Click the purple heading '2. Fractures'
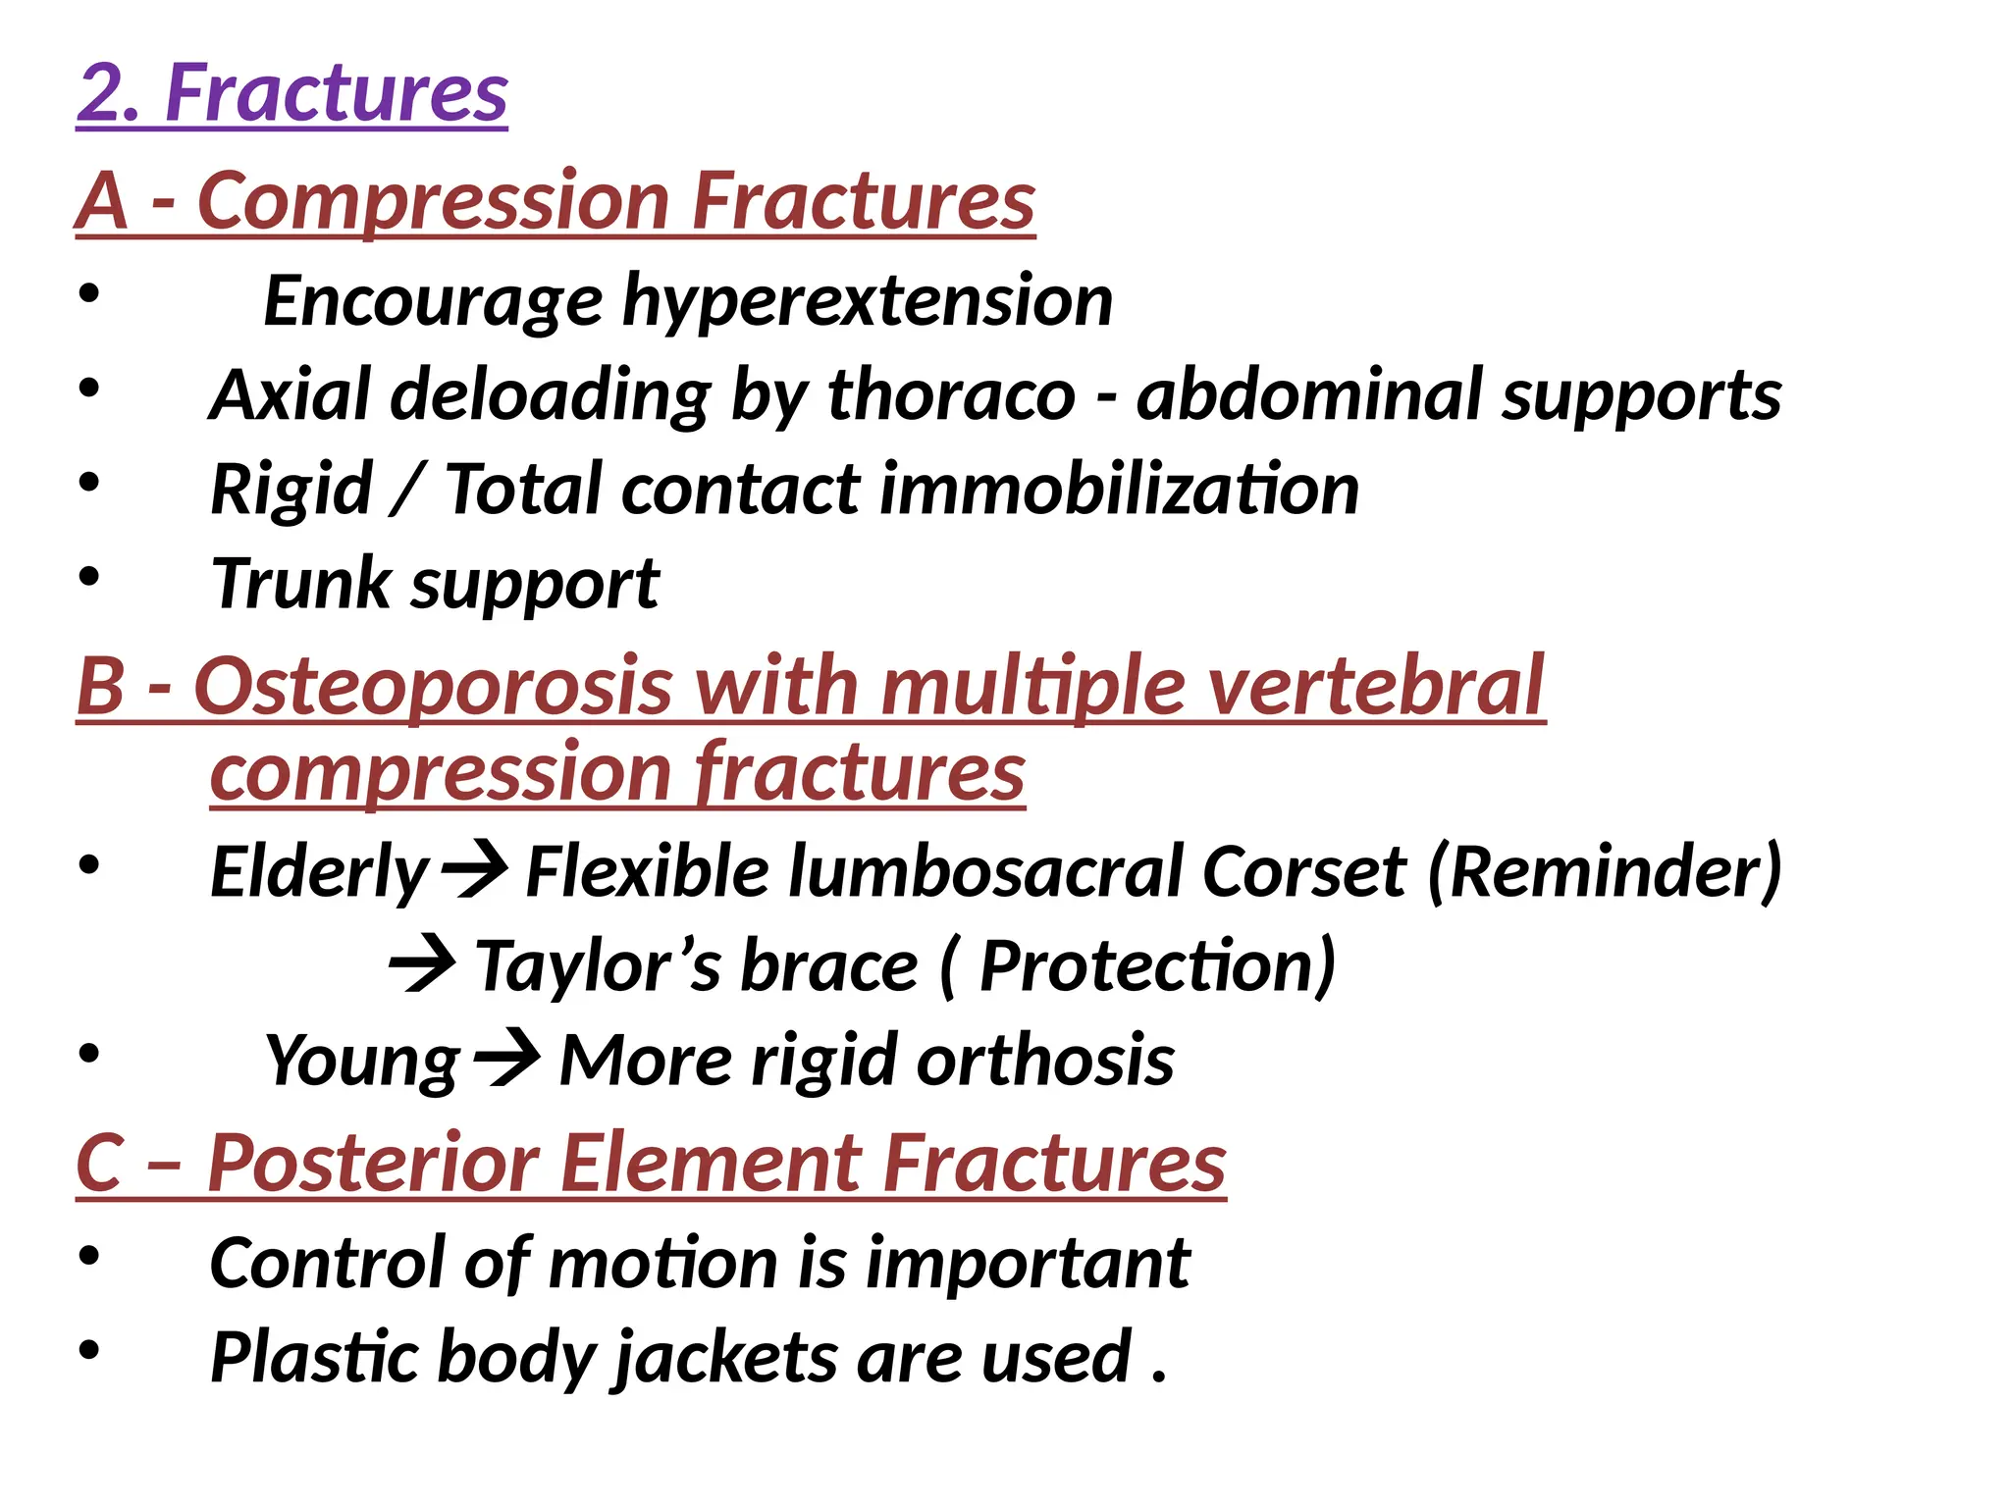coord(291,93)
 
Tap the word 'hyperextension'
coord(868,301)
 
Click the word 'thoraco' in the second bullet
coord(951,395)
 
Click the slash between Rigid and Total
coord(406,490)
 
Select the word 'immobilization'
coord(1118,490)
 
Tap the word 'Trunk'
coord(300,584)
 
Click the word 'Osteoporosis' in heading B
coord(432,686)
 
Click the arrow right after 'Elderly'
coord(475,870)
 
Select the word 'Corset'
coord(1304,872)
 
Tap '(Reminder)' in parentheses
coord(1604,872)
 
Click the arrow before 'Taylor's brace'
coord(422,964)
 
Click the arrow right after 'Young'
coord(506,1059)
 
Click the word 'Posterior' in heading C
coord(373,1164)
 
